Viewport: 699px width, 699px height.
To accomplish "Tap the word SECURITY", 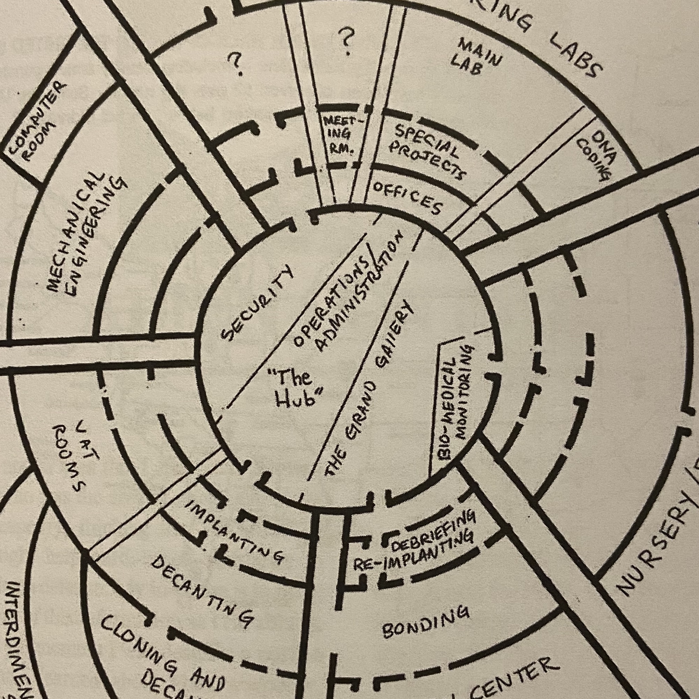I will tap(256, 303).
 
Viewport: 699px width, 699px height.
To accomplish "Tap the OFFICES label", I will tap(407, 198).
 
